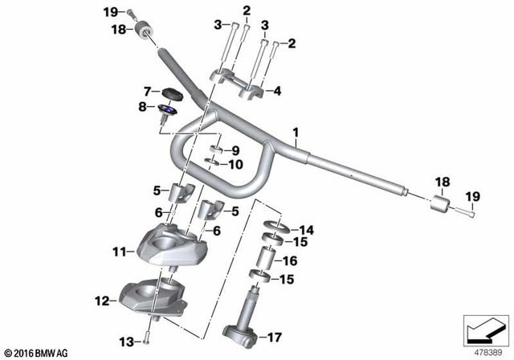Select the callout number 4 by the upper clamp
point(278,92)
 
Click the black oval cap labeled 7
point(172,92)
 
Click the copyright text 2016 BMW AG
point(38,352)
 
